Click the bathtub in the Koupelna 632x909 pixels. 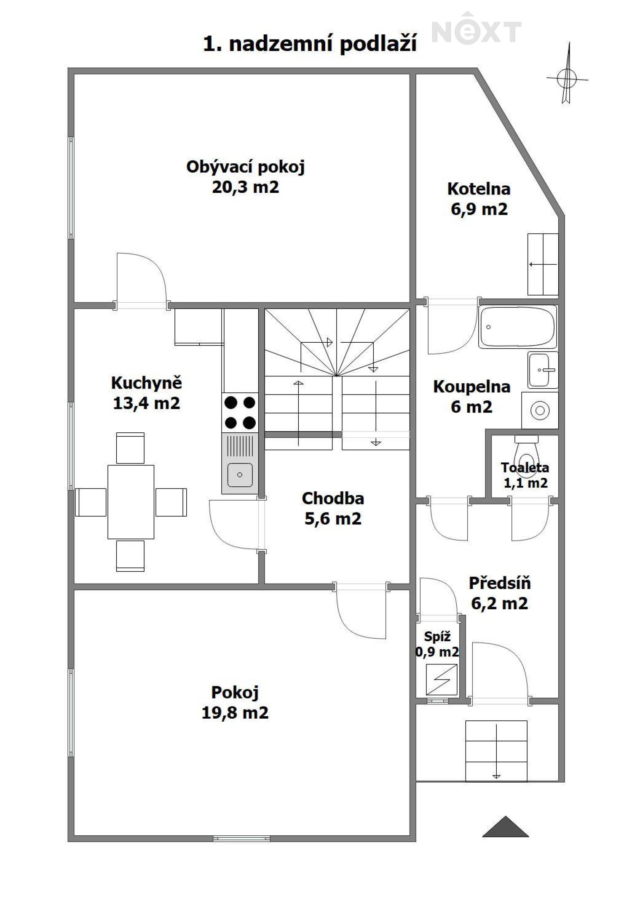[517, 327]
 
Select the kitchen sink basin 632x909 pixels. [240, 474]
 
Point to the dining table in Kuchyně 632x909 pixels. [131, 502]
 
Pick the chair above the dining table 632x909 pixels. [130, 448]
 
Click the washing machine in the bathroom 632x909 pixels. [540, 411]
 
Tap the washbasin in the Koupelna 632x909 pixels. [543, 370]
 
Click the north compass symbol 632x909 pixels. [567, 75]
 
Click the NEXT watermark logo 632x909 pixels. [477, 28]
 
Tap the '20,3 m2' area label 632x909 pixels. [245, 187]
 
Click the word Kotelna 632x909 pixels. [479, 189]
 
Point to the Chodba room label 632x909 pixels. [333, 498]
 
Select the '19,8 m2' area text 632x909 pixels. [235, 713]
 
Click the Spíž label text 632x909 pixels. [437, 637]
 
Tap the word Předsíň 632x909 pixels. [500, 583]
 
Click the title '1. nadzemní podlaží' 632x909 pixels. [310, 44]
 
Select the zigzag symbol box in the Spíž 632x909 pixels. [441, 680]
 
